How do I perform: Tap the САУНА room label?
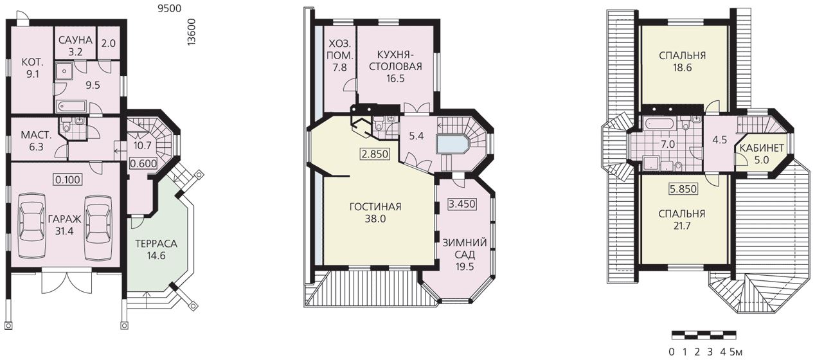click(75, 40)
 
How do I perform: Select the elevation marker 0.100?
click(68, 179)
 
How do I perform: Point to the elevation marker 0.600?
click(143, 163)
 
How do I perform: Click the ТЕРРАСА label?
click(156, 244)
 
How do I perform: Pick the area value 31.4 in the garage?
click(64, 231)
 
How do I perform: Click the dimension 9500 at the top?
click(169, 8)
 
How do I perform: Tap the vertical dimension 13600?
click(192, 32)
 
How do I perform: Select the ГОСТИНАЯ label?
click(375, 207)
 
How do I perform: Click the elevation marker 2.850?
click(375, 154)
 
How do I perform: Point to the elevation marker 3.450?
click(462, 204)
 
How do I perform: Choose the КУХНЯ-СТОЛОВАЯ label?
click(395, 60)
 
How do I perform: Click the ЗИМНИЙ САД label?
click(465, 249)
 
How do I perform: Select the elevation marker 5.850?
click(683, 189)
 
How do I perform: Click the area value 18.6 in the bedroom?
click(682, 68)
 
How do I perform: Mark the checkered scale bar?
click(704, 335)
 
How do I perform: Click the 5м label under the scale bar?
click(736, 352)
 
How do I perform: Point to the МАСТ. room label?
click(36, 136)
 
